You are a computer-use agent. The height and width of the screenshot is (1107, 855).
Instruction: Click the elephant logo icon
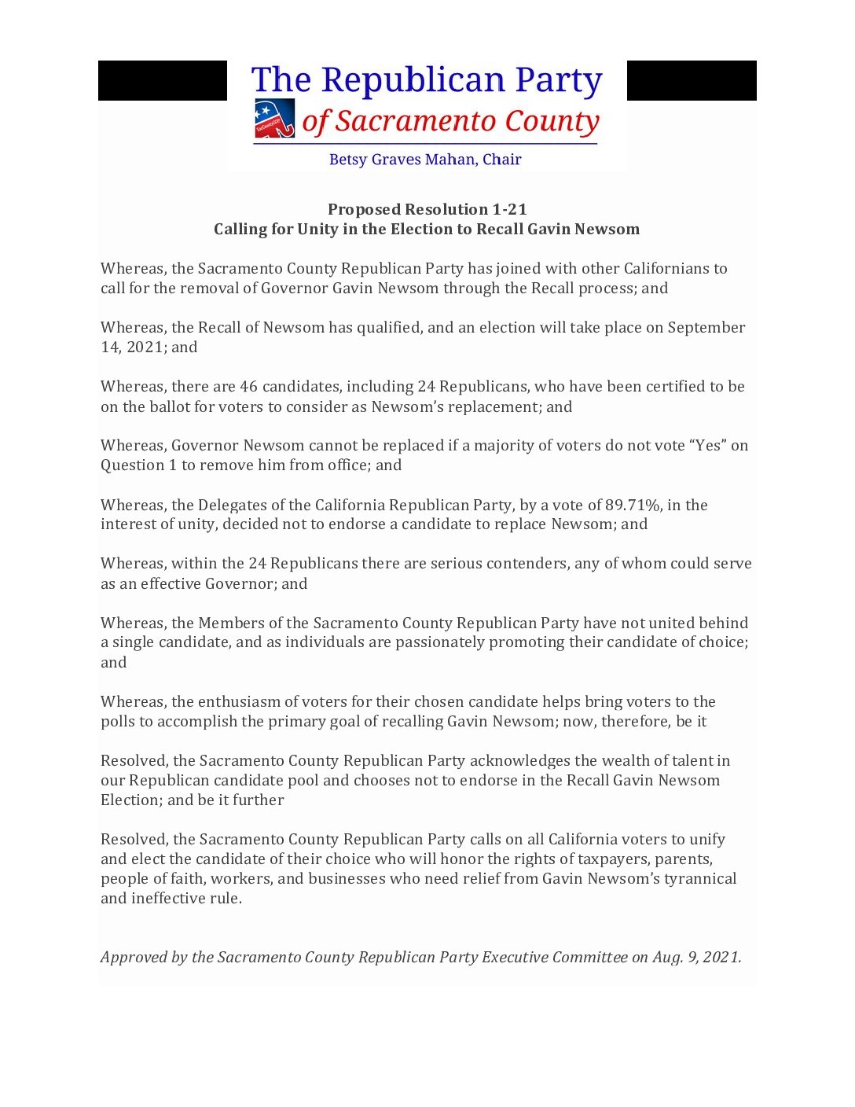pyautogui.click(x=274, y=119)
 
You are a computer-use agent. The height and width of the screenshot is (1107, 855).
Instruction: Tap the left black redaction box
pyautogui.click(x=163, y=80)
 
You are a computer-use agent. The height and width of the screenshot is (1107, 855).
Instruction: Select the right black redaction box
pyautogui.click(x=692, y=80)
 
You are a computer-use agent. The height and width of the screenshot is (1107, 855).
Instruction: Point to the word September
pyautogui.click(x=706, y=327)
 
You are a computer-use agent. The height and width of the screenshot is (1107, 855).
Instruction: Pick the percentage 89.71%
pyautogui.click(x=633, y=505)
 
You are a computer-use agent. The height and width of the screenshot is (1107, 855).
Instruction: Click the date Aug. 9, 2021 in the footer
pyautogui.click(x=696, y=957)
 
